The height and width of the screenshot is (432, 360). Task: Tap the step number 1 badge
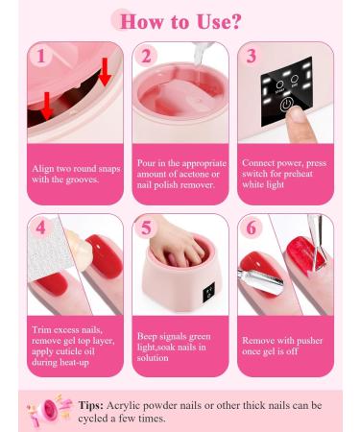point(40,56)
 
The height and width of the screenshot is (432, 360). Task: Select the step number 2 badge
point(146,56)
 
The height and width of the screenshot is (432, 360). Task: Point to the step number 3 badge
point(252,56)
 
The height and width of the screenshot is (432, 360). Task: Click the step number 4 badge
point(40,228)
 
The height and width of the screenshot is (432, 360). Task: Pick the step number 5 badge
point(146,228)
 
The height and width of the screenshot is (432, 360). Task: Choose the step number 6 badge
point(252,228)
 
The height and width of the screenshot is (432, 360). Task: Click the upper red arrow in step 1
point(105,72)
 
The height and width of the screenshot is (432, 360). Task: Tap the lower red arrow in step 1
point(47,106)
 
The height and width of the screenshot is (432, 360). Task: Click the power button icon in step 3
point(287,105)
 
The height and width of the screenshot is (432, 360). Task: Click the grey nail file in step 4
point(48,247)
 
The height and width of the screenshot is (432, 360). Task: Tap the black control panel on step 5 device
point(208,293)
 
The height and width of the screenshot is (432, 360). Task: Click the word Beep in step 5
point(146,336)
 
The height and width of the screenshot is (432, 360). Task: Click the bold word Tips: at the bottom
point(91,405)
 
